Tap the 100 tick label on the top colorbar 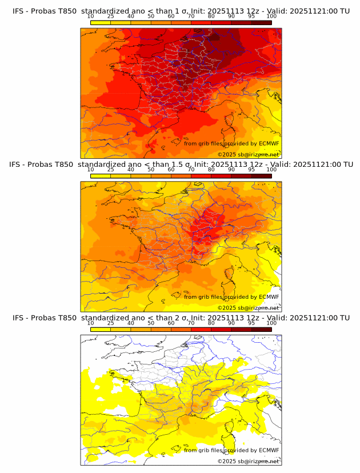point(271,17)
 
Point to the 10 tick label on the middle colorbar point(91,170)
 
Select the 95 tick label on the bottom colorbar point(251,323)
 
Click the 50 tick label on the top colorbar point(151,17)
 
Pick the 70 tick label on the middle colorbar point(191,170)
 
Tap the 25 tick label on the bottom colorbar point(111,323)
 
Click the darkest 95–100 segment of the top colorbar point(261,23)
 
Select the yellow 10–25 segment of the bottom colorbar point(101,330)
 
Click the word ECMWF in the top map point(269,143)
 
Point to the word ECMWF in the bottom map point(269,450)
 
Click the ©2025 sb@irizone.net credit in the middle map point(249,307)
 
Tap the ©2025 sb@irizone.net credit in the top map point(249,154)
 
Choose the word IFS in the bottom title point(19,318)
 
